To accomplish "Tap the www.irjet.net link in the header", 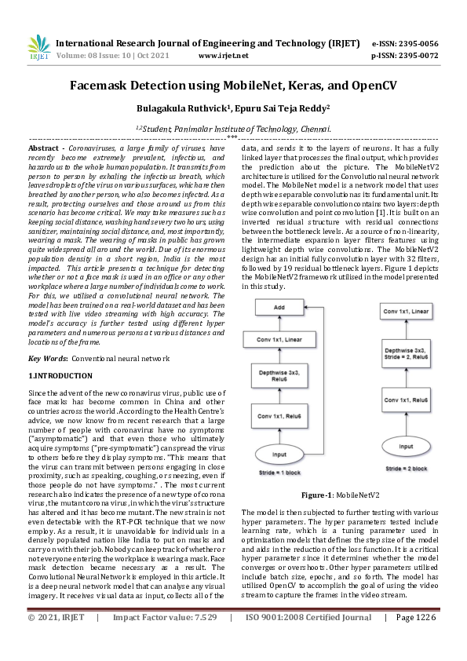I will click(x=223, y=56).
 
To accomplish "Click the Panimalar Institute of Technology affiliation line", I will click(x=233, y=128).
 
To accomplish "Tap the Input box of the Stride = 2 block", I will click(x=406, y=445).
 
